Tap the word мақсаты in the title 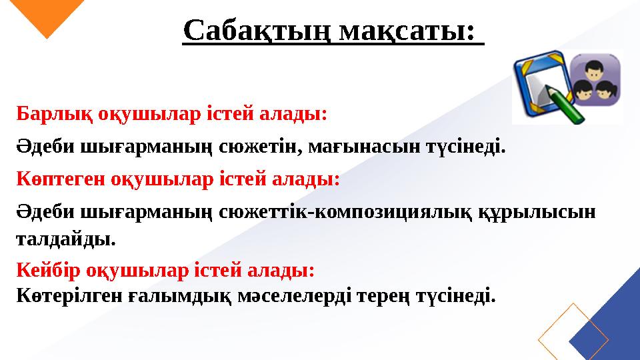coord(407,29)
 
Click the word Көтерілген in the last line coord(69,295)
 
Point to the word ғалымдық coord(179,295)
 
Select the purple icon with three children coord(595,80)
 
